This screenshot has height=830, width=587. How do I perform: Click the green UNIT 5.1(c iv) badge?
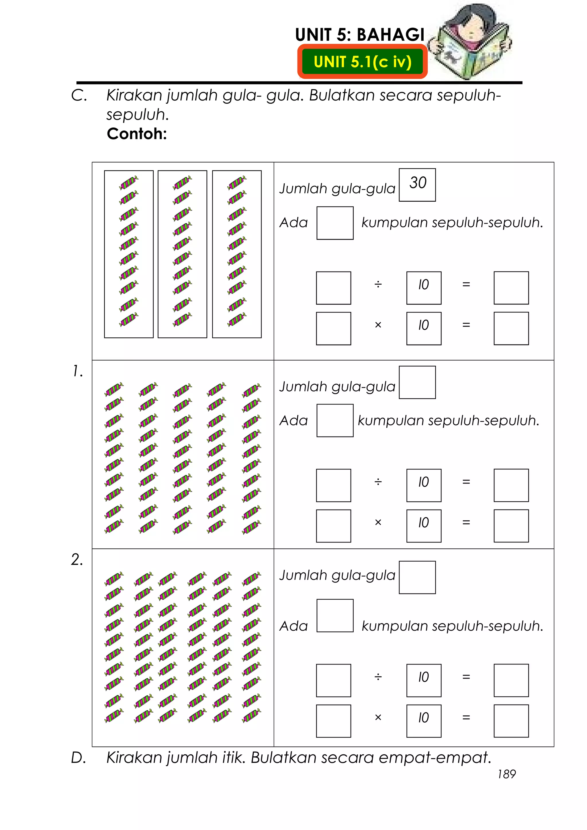[362, 62]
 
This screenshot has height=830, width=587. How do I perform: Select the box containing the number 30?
[417, 185]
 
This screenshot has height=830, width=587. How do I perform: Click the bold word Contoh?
[137, 134]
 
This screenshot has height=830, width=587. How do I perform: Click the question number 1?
[78, 371]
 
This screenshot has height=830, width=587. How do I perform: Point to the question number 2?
[77, 560]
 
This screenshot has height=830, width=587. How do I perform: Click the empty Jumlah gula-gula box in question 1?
[417, 382]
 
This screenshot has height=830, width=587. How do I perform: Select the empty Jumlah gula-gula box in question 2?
[417, 577]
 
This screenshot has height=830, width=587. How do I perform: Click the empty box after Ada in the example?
[335, 223]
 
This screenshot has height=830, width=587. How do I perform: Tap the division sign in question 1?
[378, 482]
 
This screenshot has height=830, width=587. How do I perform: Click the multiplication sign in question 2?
[378, 717]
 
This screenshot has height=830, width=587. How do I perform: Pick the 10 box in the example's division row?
[424, 288]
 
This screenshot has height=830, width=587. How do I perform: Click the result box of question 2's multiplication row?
[511, 721]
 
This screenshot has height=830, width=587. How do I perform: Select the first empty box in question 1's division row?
[333, 485]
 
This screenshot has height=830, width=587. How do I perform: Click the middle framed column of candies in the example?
[182, 254]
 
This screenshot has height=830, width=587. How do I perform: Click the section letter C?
[79, 95]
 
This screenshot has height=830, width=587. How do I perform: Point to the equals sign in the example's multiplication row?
[466, 325]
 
